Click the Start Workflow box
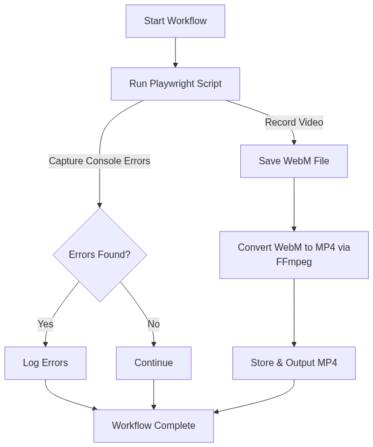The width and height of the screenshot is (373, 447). pos(175,21)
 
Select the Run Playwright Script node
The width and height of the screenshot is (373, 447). pos(175,84)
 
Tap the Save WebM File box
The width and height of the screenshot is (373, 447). pos(294,161)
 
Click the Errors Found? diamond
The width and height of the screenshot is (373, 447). pos(100,255)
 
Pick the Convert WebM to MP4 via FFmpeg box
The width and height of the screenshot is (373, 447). pos(294,255)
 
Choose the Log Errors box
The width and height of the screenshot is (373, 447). pos(45,363)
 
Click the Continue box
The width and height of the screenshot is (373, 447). pos(154,363)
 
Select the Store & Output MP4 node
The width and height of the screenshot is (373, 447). pos(294,363)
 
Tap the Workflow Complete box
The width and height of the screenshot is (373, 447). pos(154,426)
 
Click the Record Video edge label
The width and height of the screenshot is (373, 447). pos(294,123)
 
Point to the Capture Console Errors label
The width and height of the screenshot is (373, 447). pos(100,161)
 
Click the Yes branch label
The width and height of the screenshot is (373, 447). pos(45,324)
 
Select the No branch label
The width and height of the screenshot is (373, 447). pos(154,324)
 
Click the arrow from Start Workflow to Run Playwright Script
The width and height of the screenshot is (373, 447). pos(176,53)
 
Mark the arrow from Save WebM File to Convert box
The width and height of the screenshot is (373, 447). pos(294,204)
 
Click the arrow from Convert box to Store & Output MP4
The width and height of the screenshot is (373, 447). pos(294,312)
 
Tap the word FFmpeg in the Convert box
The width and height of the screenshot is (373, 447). pos(294,263)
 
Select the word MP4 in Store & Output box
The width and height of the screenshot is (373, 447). pos(327,363)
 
